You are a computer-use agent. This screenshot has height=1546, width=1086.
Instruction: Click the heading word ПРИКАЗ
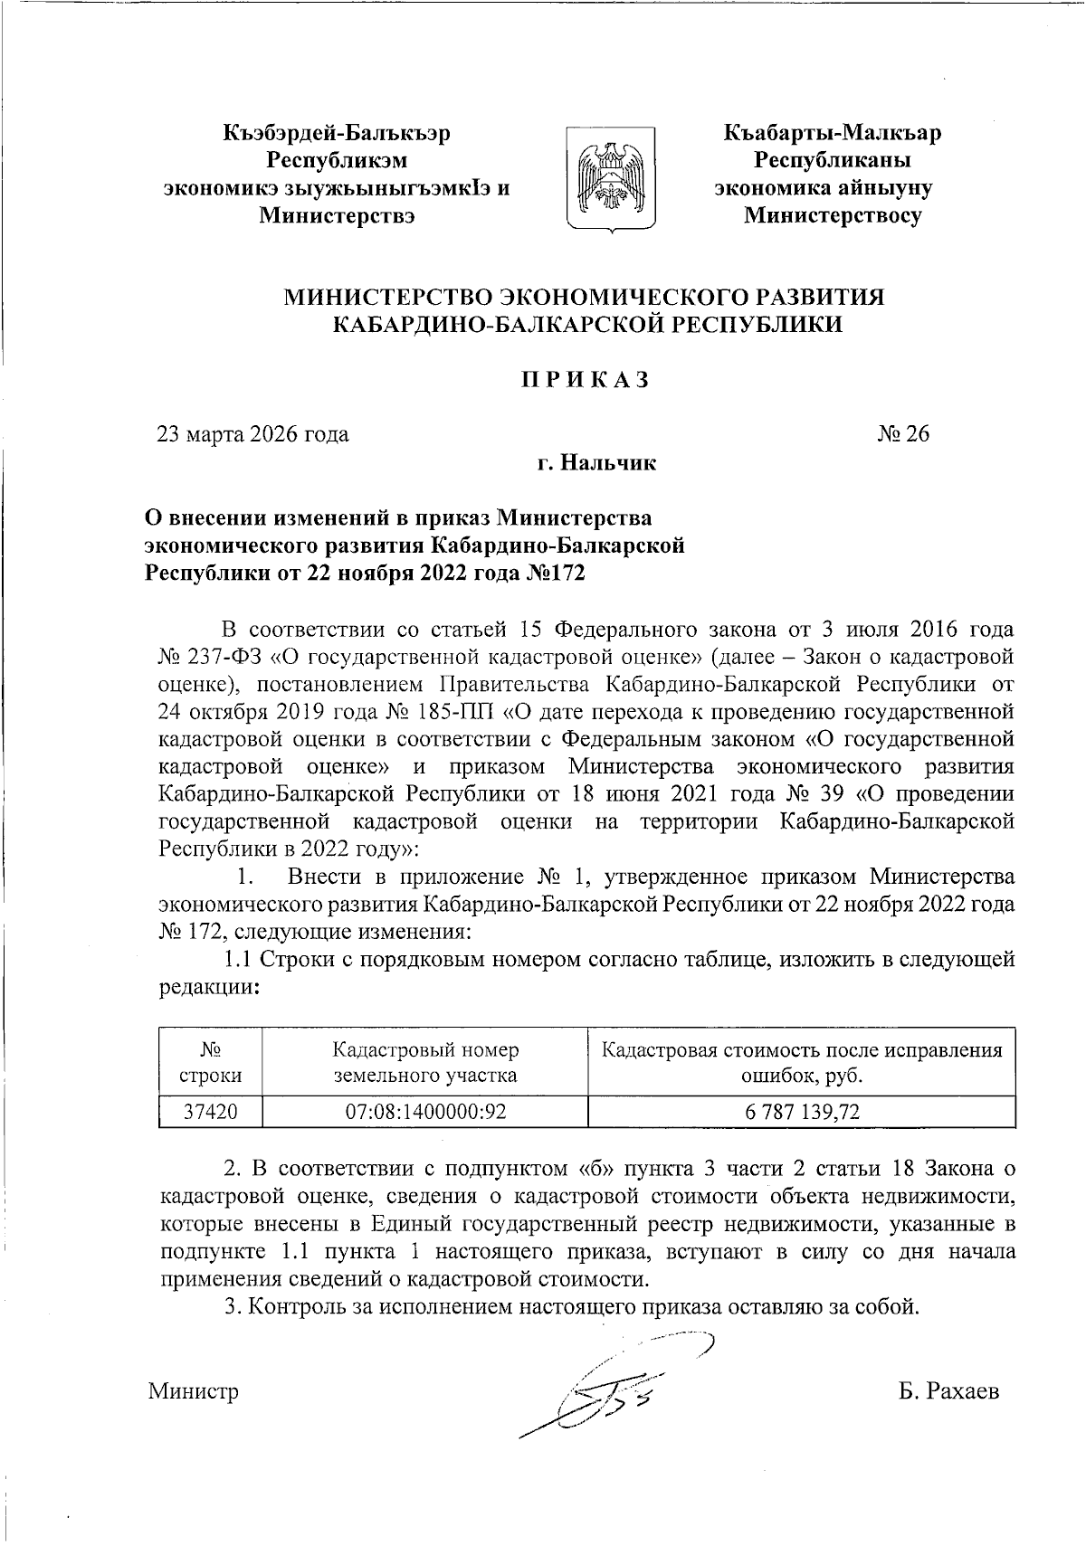pyautogui.click(x=585, y=380)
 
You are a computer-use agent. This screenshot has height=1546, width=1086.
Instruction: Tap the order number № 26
pyautogui.click(x=902, y=434)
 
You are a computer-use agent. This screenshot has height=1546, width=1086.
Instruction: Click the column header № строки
pyautogui.click(x=210, y=1063)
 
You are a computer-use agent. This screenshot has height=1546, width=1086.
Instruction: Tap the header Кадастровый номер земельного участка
pyautogui.click(x=425, y=1063)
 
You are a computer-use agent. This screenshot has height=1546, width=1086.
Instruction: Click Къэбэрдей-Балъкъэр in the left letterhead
pyautogui.click(x=337, y=134)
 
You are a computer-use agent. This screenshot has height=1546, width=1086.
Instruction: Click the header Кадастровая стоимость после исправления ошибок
pyautogui.click(x=802, y=1063)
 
